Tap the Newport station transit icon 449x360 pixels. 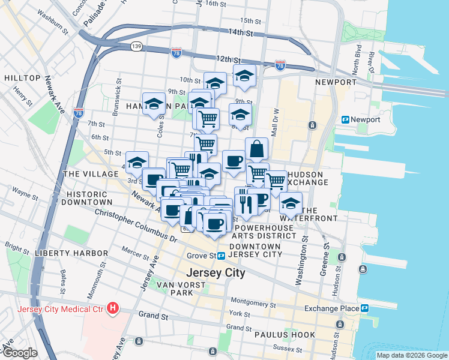(346, 119)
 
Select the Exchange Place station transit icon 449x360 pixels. (364, 308)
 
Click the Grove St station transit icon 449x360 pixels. (221, 256)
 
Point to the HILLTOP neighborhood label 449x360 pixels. (22, 78)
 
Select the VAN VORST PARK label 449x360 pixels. (175, 288)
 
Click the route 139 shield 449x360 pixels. (137, 46)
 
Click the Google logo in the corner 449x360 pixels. (19, 353)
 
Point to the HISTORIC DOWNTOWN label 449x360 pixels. (86, 199)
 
